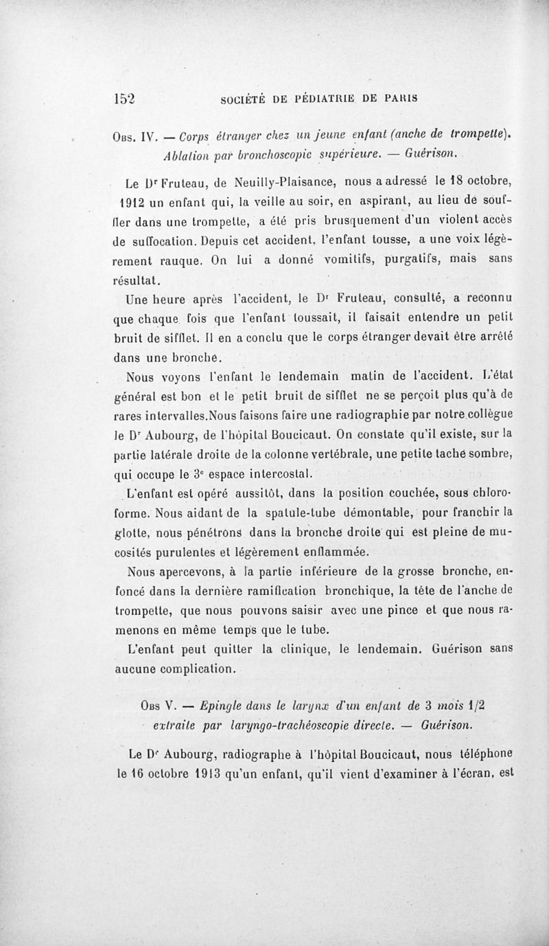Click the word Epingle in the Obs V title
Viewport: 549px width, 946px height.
(215, 705)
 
